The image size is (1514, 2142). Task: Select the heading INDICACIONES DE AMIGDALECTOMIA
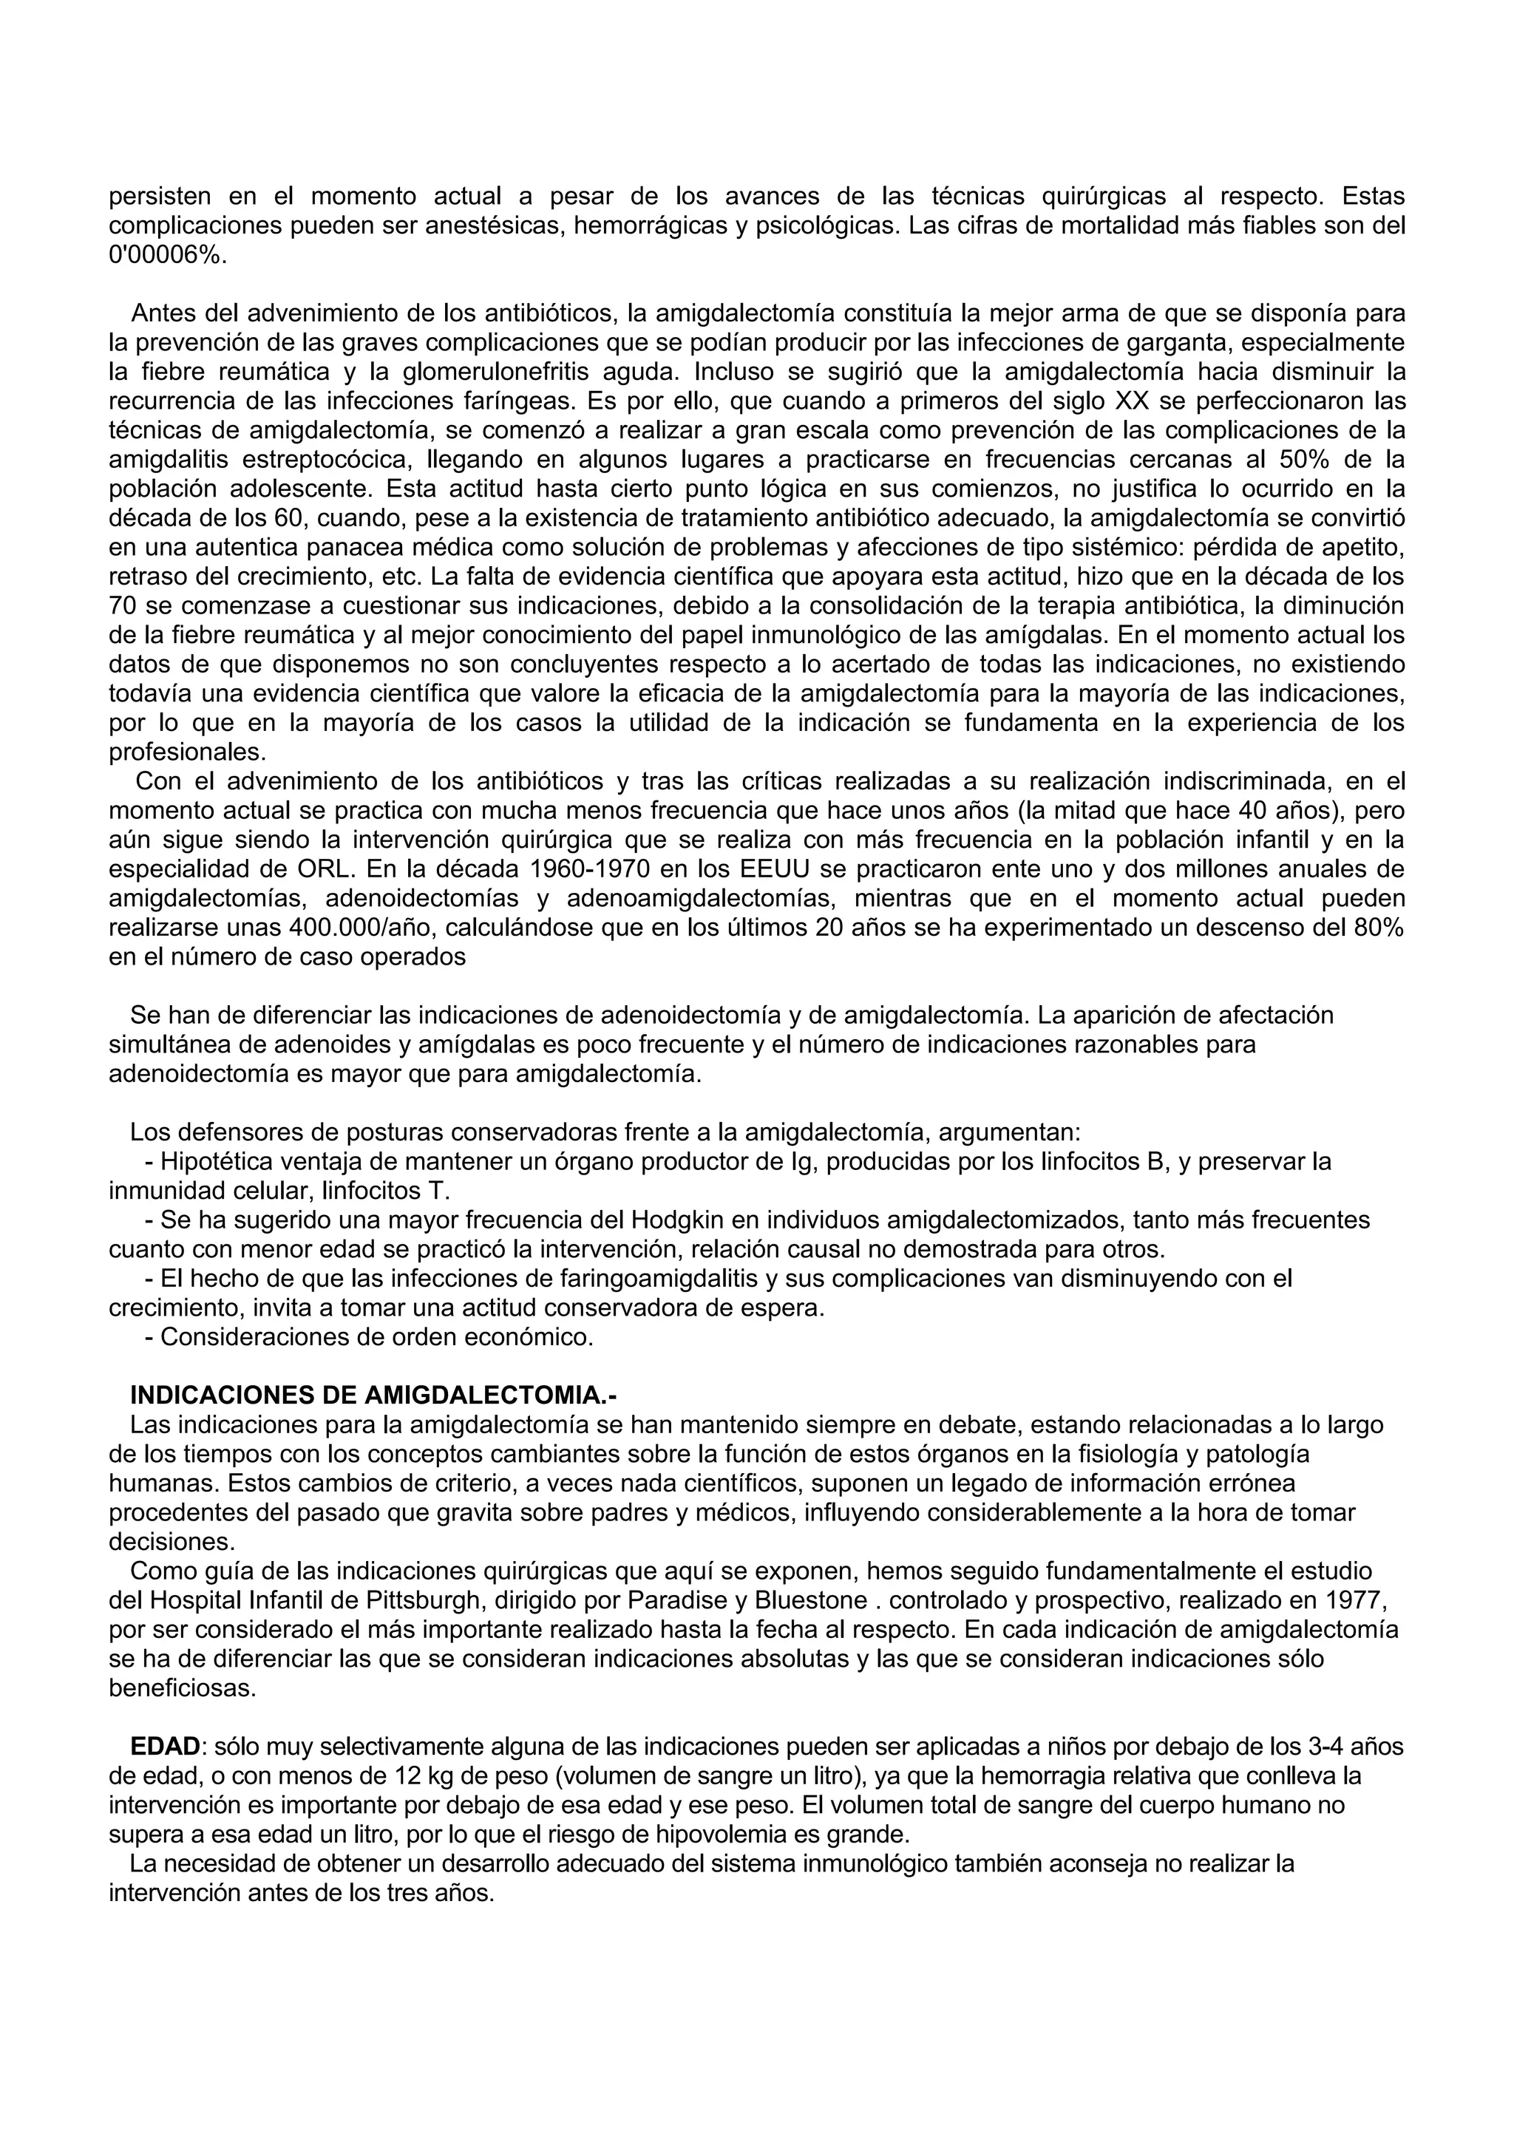373,1395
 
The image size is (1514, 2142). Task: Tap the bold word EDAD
165,1746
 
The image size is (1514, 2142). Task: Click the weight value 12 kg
384,1775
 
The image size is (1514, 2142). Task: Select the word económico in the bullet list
538,1337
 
